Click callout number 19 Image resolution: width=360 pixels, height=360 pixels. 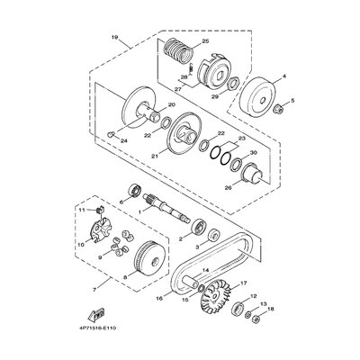coord(114,39)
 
